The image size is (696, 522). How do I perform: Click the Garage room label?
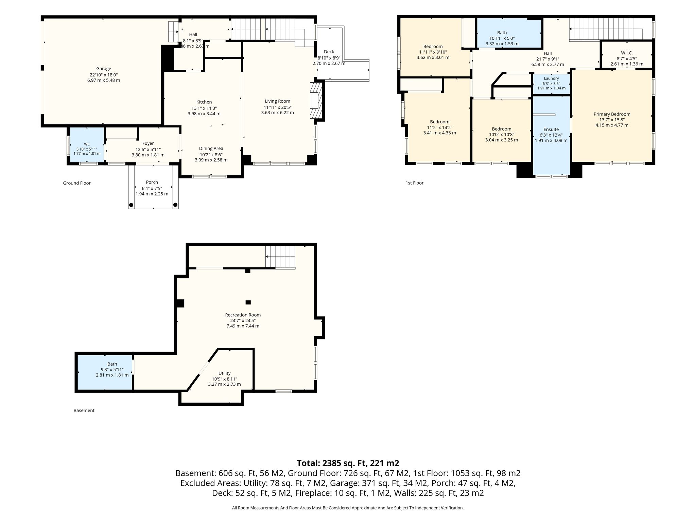pos(104,69)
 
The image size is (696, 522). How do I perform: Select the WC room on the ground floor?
pos(87,145)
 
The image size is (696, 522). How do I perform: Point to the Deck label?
pos(329,52)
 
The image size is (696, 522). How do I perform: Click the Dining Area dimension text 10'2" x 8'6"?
pos(211,154)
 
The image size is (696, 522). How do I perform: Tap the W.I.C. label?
pos(627,53)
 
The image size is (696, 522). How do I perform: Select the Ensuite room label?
pos(551,129)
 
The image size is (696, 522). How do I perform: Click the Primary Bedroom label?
pos(612,114)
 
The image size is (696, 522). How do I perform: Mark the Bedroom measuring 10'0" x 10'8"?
pos(502,130)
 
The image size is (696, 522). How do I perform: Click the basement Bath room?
pos(105,372)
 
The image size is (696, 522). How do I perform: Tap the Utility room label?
pos(225,373)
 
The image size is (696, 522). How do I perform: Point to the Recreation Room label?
pos(243,315)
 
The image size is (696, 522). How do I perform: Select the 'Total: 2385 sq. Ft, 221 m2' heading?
pos(348,463)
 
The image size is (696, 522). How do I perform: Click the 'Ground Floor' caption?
pos(77,183)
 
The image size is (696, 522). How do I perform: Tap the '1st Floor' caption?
pos(415,183)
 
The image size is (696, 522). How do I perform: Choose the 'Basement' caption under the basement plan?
pos(84,410)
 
